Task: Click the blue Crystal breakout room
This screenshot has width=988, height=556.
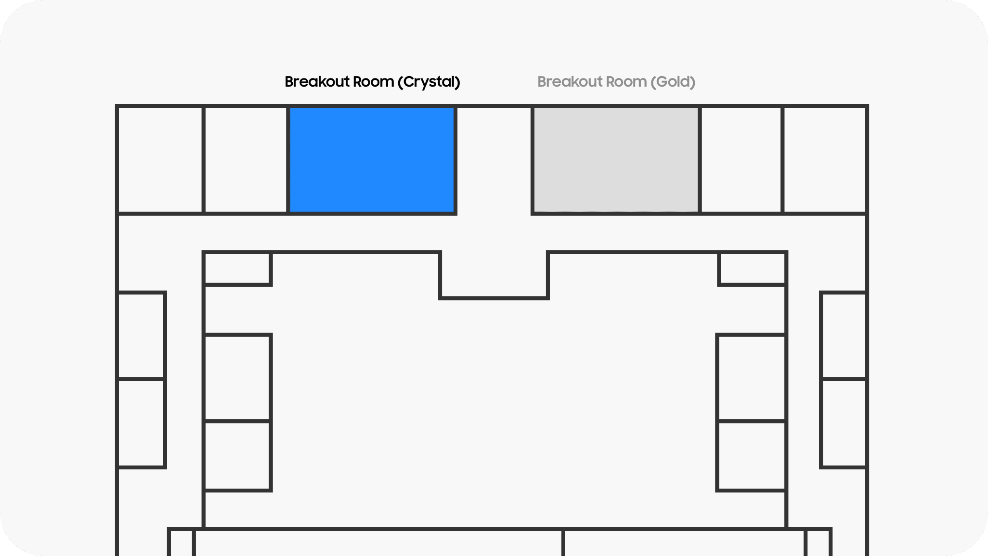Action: tap(372, 159)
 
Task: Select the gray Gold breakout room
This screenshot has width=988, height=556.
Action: tap(616, 159)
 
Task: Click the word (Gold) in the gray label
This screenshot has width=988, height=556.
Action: tap(673, 82)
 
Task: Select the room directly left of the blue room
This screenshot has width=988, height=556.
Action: tap(246, 159)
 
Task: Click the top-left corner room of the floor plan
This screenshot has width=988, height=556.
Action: tap(160, 159)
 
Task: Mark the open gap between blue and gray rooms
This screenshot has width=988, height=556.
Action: tap(494, 159)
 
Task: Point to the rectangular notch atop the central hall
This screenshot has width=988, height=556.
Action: tap(494, 275)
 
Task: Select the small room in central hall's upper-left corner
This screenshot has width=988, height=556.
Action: tap(237, 268)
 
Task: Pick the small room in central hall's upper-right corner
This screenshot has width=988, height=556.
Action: tap(753, 268)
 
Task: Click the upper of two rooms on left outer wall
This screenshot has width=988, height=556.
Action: tap(141, 335)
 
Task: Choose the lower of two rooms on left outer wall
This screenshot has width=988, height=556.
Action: tap(141, 423)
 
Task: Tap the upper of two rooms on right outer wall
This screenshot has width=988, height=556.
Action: tap(844, 335)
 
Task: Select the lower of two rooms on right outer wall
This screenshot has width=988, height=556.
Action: tap(844, 423)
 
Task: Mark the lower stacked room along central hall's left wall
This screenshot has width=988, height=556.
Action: tap(237, 456)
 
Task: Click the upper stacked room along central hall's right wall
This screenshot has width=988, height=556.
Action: tap(752, 378)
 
